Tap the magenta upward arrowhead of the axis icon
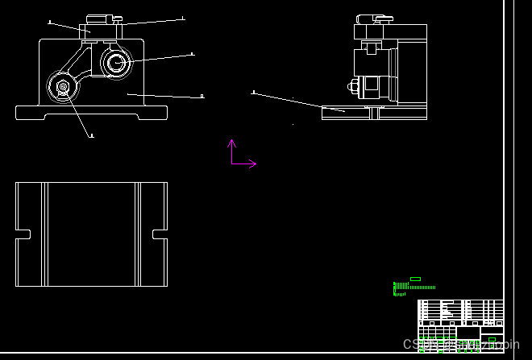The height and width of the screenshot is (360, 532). [x=231, y=143]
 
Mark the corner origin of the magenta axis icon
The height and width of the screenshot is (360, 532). [x=232, y=163]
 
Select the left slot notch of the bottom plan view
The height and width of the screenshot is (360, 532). [x=23, y=234]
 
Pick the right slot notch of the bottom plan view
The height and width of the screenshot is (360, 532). [x=160, y=234]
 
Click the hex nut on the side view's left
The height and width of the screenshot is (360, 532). [x=353, y=86]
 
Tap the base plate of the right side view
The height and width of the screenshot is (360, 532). [x=374, y=113]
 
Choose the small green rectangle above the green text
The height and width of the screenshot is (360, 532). [x=415, y=279]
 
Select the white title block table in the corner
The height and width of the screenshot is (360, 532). [x=460, y=319]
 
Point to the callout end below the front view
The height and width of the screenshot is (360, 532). [x=91, y=135]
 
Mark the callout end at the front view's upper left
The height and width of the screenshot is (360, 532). [x=50, y=22]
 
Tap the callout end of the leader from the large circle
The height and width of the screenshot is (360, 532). [x=192, y=54]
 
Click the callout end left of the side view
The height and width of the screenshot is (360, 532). [x=253, y=93]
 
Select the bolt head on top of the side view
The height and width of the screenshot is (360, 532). [x=376, y=18]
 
